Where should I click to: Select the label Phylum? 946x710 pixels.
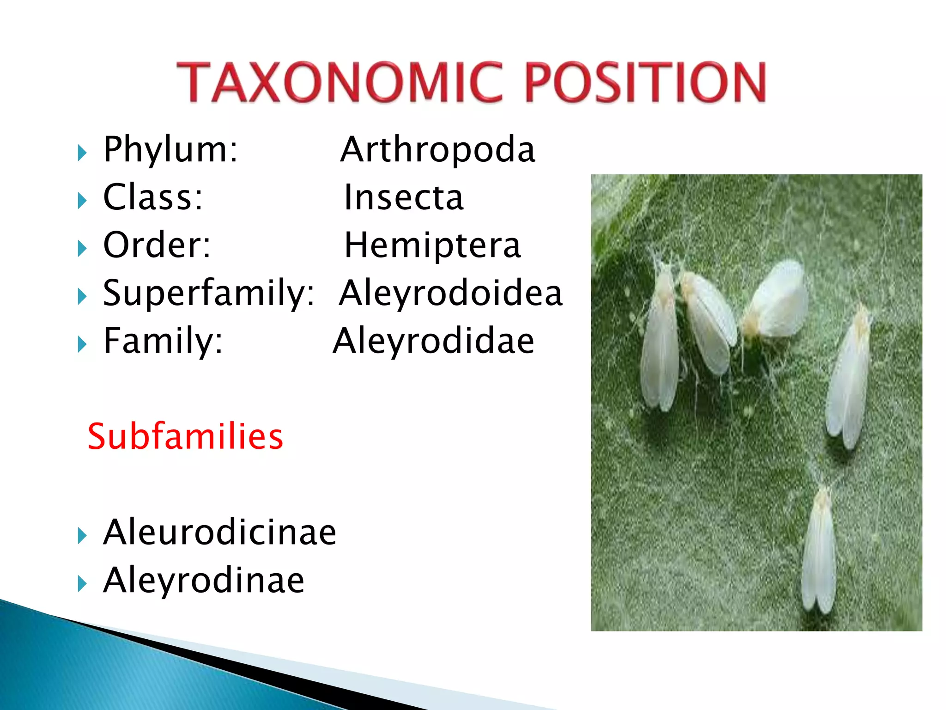click(170, 149)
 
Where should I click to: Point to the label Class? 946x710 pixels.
click(153, 197)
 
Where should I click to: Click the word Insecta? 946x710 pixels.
click(404, 197)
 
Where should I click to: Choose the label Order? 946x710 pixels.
click(157, 245)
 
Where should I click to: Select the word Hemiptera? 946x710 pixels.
click(433, 245)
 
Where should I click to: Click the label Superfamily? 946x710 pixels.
click(208, 293)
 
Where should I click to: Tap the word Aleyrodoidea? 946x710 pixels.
click(451, 293)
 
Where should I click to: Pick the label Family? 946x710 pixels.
click(163, 341)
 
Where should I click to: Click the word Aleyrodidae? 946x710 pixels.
click(434, 341)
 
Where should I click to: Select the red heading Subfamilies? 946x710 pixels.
click(185, 436)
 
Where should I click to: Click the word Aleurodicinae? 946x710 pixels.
click(219, 532)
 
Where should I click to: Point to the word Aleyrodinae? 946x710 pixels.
click(204, 580)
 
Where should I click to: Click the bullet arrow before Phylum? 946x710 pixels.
click(82, 153)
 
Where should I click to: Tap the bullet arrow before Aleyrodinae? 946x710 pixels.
click(82, 584)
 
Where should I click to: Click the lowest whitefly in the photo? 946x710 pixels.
click(819, 550)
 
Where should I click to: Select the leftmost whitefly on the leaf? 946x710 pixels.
click(661, 337)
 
